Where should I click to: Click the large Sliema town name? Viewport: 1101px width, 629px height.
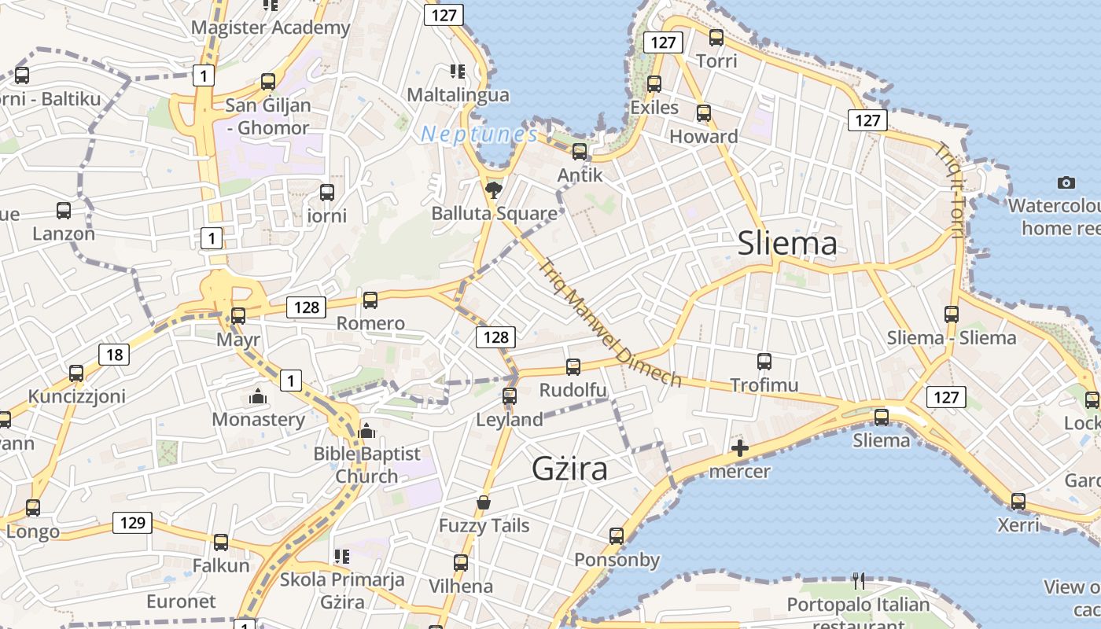point(787,244)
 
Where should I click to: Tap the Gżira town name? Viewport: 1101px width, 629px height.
point(570,469)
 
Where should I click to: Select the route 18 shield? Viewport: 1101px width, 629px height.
point(114,355)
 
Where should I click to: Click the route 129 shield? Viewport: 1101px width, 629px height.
point(131,522)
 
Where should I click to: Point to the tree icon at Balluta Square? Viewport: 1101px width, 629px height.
point(494,189)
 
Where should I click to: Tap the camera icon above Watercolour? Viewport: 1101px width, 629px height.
point(1066,183)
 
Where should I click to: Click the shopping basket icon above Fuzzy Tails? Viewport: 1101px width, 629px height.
point(484,502)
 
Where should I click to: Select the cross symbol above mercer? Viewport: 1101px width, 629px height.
point(739,449)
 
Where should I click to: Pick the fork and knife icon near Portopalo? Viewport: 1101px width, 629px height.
point(859,581)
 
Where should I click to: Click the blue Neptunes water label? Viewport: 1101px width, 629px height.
point(480,134)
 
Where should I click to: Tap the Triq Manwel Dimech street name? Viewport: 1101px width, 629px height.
point(609,322)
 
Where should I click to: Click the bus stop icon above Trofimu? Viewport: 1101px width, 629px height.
point(764,362)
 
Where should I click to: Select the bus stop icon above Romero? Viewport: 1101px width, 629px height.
point(370,300)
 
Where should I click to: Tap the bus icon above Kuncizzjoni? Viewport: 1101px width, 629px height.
point(76,373)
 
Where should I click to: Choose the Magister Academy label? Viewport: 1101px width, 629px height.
point(271,28)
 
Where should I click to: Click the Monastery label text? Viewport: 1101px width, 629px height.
point(258,419)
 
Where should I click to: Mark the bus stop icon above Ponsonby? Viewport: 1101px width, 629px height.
point(617,536)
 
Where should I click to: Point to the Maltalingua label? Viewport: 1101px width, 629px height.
point(458,94)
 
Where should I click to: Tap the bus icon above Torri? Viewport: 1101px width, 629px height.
point(716,37)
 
